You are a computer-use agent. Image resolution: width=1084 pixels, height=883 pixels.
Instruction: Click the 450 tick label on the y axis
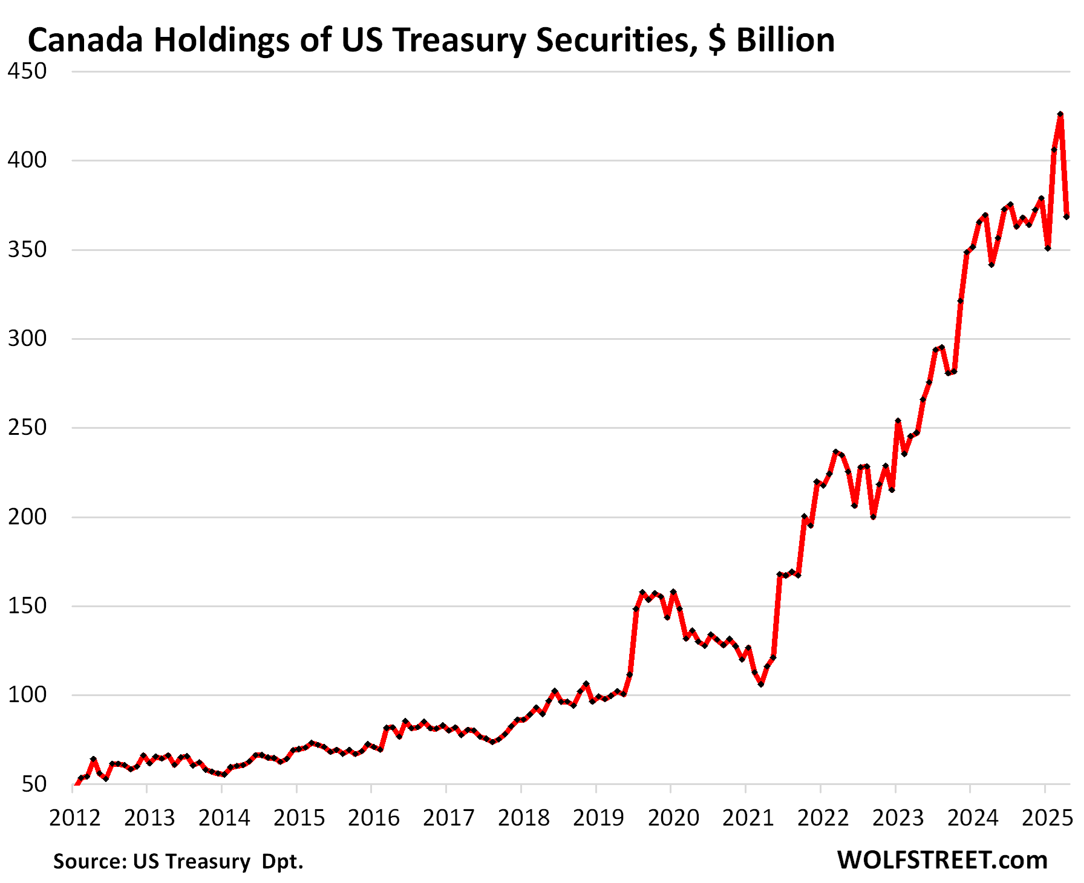[27, 71]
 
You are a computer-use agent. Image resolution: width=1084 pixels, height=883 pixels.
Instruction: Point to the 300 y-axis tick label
[27, 339]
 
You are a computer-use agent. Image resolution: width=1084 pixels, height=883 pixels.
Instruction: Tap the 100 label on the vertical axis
[27, 695]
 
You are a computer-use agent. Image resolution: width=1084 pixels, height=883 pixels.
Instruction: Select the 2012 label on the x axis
[74, 818]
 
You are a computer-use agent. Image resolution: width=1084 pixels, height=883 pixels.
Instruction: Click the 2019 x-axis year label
[598, 818]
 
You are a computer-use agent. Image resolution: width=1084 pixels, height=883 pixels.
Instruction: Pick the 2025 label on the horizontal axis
[1047, 818]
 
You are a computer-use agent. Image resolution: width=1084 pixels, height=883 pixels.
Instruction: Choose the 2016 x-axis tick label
[374, 818]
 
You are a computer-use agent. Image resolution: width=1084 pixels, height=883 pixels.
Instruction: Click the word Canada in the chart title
[85, 41]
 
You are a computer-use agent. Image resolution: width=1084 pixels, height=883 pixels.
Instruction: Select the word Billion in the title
[785, 41]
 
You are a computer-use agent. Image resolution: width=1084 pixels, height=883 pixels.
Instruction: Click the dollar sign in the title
[717, 41]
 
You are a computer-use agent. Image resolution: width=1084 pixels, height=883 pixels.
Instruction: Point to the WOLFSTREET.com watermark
[942, 860]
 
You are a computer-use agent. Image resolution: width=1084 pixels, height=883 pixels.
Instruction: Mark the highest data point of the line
[1060, 114]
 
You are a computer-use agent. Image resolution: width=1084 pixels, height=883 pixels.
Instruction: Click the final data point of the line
[1066, 217]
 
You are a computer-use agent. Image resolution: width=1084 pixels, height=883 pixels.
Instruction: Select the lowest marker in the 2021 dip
[760, 684]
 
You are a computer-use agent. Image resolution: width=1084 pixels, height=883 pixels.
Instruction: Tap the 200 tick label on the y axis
[27, 517]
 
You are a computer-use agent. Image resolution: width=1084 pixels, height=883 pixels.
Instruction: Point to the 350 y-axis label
[27, 250]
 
